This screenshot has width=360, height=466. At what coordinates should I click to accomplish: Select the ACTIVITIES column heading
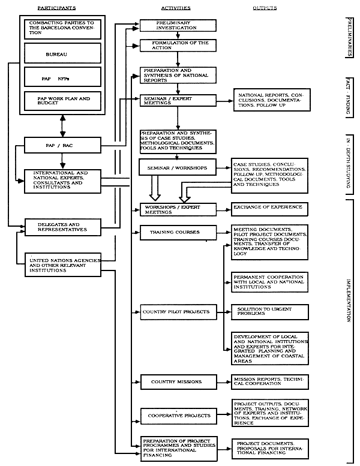click(x=176, y=8)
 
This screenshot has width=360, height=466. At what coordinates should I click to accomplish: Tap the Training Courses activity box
click(x=169, y=232)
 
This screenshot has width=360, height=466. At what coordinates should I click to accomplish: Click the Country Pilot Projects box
click(x=176, y=312)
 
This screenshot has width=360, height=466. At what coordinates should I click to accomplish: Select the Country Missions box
click(x=176, y=381)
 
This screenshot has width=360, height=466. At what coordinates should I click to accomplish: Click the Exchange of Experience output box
click(x=270, y=209)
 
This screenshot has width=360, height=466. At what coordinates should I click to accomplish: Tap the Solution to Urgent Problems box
click(x=270, y=311)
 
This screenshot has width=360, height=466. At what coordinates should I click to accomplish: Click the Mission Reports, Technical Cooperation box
click(x=270, y=381)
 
